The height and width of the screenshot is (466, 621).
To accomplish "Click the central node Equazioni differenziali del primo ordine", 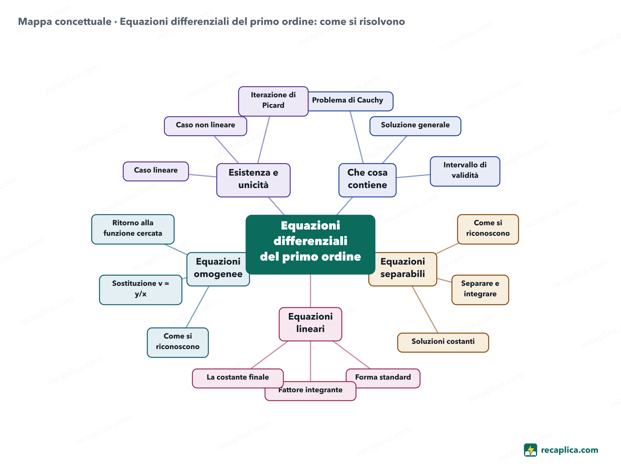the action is point(310,244).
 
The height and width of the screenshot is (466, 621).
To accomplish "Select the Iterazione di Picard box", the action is point(273,101).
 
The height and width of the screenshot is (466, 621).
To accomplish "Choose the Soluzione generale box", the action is point(415,126).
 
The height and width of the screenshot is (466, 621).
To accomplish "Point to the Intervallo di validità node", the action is point(465,171).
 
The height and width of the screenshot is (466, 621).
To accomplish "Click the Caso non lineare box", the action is point(206,126).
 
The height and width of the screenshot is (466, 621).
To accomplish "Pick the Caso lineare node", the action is point(156,171).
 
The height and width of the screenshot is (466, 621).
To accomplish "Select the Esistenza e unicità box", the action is point(253,180).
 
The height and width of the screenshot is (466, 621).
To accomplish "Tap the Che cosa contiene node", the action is point(367,180).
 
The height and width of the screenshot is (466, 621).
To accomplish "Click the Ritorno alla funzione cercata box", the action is point(133,229).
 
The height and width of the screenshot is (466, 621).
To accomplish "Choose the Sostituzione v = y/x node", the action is point(141,290).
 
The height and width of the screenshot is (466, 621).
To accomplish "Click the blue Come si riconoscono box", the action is point(178,343).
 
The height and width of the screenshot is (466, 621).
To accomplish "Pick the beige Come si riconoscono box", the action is point(488,229).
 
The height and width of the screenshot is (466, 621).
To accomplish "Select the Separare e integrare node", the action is point(480,290).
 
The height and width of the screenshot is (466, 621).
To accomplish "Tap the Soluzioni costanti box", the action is point(443,343).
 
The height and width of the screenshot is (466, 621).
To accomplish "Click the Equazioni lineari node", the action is point(310,324).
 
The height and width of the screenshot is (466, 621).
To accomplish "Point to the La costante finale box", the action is point(238,378).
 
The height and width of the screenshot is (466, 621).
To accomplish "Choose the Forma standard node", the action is point(383,378).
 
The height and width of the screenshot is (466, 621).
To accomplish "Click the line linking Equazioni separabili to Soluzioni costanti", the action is point(425,309).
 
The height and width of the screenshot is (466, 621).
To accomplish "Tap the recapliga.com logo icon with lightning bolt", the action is point(530,450).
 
